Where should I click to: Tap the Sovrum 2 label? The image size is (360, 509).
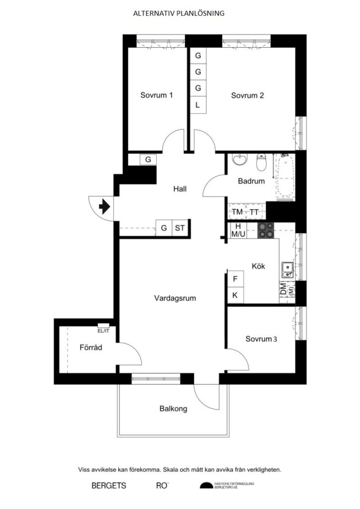[x=247, y=96]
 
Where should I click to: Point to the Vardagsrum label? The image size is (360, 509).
[x=175, y=299]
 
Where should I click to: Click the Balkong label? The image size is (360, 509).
[x=174, y=409]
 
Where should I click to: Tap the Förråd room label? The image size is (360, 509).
[x=90, y=348]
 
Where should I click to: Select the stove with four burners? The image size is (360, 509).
[x=266, y=230]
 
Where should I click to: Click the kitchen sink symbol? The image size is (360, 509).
[x=287, y=270]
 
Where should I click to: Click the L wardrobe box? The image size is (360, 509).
[x=197, y=105]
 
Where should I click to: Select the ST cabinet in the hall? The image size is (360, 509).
[x=180, y=229]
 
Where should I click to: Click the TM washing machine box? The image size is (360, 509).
[x=237, y=212]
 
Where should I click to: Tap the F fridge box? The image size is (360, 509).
[x=235, y=279]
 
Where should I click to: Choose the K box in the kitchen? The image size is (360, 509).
[x=235, y=295]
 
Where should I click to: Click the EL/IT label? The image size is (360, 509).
[x=103, y=330]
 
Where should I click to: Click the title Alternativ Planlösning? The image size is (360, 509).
[x=179, y=14]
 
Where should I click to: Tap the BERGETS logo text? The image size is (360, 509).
[x=109, y=485]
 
